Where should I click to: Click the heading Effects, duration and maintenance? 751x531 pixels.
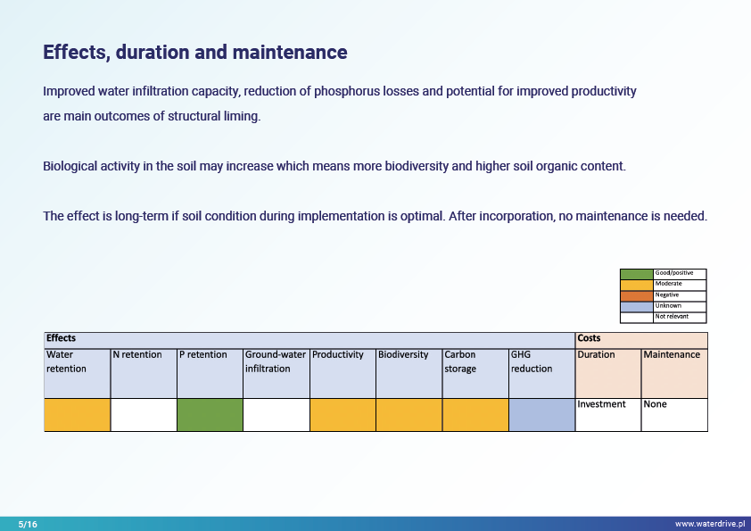195,53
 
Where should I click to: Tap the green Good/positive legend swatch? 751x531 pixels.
636,273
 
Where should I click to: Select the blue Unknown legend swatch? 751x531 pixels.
636,306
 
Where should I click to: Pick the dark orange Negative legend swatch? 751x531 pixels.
636,295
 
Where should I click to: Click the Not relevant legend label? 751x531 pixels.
672,317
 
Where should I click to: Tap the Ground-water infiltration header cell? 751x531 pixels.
276,361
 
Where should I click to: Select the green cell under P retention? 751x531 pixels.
210,415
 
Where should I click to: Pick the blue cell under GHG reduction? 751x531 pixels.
541,415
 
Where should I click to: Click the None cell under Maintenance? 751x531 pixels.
656,404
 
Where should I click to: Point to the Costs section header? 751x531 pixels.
590,339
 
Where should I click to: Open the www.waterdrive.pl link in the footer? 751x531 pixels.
709,524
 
